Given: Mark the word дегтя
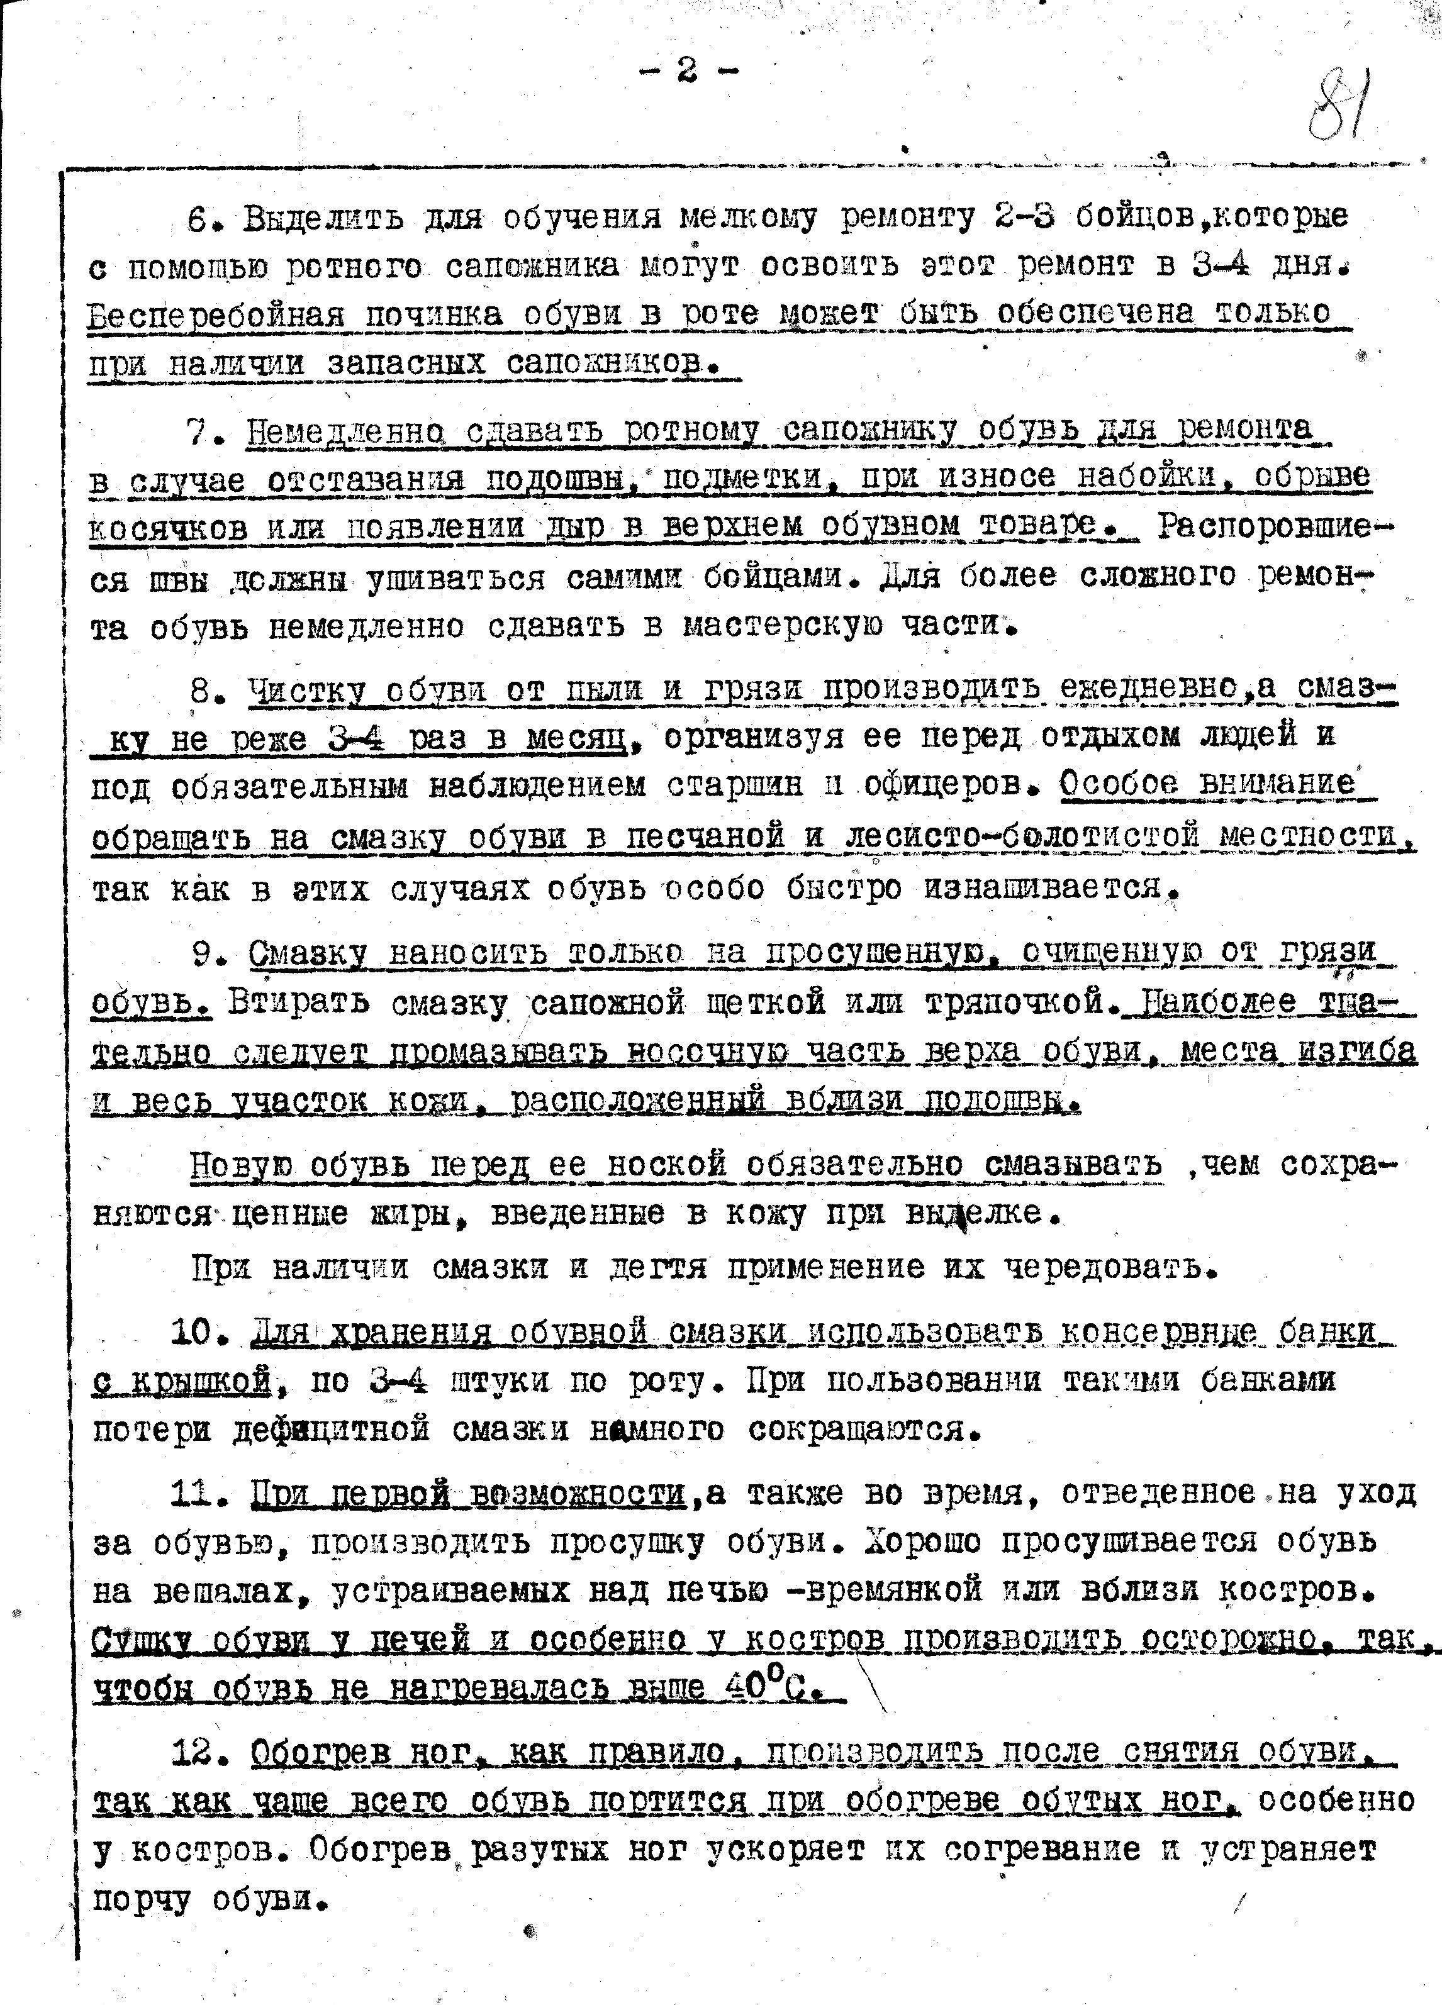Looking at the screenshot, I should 659,1269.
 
